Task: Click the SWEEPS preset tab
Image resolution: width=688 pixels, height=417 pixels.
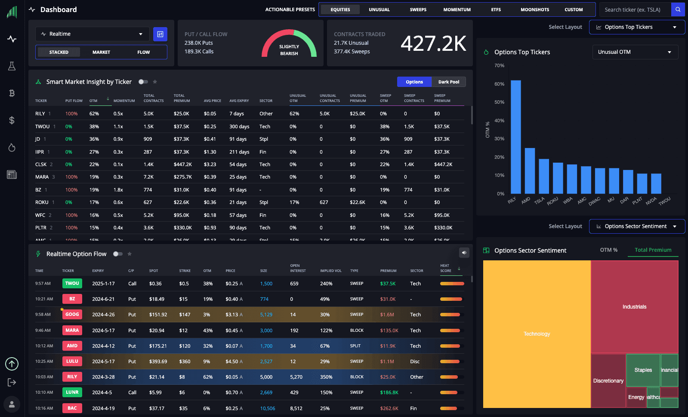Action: [418, 9]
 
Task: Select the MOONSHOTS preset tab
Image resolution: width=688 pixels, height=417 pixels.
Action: [534, 9]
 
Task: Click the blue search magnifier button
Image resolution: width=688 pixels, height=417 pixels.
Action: [678, 9]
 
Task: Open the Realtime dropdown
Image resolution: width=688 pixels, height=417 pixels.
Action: [92, 34]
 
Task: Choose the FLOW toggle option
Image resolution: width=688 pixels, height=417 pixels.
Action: [143, 52]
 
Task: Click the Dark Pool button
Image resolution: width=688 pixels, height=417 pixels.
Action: [448, 82]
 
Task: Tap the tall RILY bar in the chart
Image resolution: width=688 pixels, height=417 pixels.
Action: [515, 136]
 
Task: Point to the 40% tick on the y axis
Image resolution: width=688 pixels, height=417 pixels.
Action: [499, 120]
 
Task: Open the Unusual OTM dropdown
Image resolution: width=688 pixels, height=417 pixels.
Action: [635, 52]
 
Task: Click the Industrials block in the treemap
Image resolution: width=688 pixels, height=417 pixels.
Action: [634, 306]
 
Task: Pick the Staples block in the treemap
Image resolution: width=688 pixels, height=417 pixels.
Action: [643, 370]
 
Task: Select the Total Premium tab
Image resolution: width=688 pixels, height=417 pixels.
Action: [653, 250]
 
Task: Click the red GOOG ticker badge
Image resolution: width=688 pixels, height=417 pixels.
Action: [72, 315]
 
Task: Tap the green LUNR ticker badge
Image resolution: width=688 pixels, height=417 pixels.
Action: [72, 392]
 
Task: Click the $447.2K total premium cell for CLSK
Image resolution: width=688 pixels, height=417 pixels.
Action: [182, 164]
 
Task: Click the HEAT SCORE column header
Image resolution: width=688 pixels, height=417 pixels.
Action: [446, 268]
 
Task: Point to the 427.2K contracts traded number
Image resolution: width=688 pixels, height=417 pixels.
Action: [433, 43]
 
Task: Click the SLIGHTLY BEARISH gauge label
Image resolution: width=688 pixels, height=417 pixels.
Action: [289, 50]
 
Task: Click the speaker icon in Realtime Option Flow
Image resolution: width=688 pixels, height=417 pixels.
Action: [464, 253]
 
